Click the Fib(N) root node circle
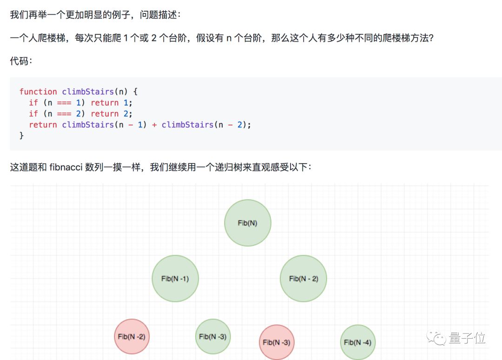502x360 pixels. (247, 223)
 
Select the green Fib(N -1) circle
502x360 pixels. (175, 279)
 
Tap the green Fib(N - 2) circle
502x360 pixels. (303, 279)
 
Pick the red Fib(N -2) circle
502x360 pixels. (132, 336)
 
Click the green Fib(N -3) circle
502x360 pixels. (213, 336)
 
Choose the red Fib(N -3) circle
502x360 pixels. (277, 342)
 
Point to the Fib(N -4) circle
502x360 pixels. (357, 342)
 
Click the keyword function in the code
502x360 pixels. (38, 92)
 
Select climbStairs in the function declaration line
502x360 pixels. (88, 92)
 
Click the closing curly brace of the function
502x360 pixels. (21, 136)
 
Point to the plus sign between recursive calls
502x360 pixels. (154, 125)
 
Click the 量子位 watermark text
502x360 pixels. (467, 338)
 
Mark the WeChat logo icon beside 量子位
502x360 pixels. (437, 338)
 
